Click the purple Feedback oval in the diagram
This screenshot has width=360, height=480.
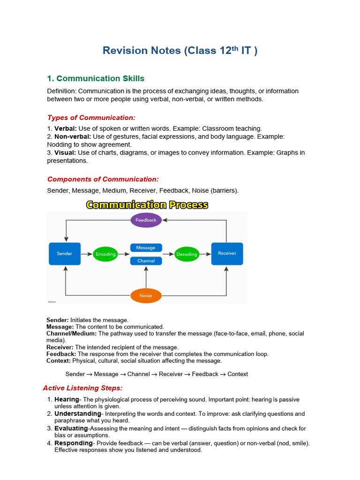point(146,220)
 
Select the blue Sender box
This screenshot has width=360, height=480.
point(65,254)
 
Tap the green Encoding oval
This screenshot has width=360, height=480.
point(105,254)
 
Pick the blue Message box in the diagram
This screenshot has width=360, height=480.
point(146,247)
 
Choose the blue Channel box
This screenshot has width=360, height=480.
point(146,261)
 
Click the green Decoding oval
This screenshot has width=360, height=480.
point(187,255)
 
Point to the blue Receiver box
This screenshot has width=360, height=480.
point(227,254)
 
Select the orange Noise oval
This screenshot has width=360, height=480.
point(146,296)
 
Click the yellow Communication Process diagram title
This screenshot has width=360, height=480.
point(147,205)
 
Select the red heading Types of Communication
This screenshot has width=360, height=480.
point(91,118)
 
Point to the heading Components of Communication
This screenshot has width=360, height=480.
point(103,179)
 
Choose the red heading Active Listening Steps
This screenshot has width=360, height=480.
point(82,388)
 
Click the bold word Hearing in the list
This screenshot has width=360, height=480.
point(67,399)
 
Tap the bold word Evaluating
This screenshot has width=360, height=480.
point(71,428)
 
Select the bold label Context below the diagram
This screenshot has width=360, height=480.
point(58,361)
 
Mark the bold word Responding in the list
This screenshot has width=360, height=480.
point(74,443)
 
